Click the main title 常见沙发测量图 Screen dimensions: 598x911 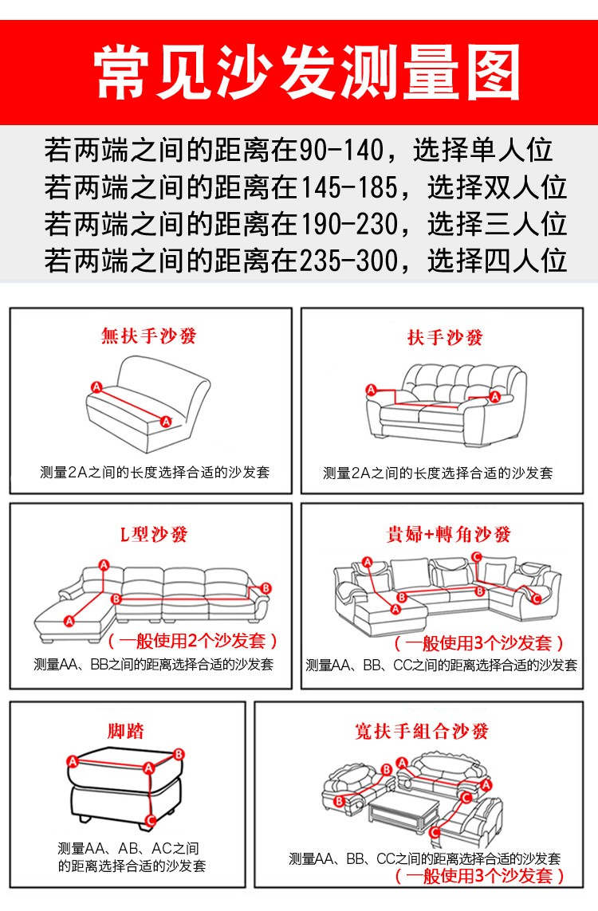pos(308,73)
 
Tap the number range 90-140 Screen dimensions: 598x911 pos(342,150)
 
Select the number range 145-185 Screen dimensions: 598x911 pos(348,187)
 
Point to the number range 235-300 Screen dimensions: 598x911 pos(348,261)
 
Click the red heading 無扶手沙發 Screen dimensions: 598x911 pos(149,336)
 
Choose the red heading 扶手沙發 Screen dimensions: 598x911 pos(445,337)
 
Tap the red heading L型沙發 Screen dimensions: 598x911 pos(153,533)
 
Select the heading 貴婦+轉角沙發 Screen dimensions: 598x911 pos(449,533)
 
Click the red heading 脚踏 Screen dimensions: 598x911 pos(125,730)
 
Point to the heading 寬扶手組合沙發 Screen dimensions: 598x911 pos(422,730)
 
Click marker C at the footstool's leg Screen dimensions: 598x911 pos(151,820)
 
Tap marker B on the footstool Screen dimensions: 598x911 pos(179,754)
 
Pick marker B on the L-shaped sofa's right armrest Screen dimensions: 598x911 pos(266,588)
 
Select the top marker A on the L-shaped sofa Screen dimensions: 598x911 pos(104,565)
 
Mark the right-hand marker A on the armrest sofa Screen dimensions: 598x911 pos(494,396)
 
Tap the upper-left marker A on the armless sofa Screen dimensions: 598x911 pos(96,387)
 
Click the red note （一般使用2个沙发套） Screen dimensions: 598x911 pos(192,641)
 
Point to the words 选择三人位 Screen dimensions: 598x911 pos(497,224)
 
